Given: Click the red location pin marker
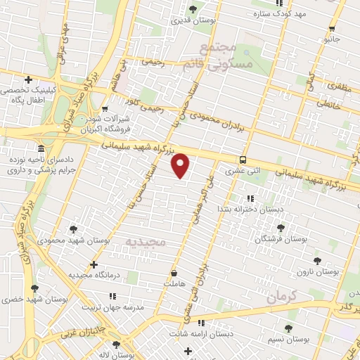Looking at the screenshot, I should click(181, 165).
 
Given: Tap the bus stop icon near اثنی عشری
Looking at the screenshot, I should click(242, 160).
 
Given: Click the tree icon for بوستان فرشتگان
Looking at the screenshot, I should click(281, 227).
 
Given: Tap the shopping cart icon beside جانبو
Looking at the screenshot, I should click(332, 29).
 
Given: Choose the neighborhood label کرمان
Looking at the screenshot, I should click(283, 297).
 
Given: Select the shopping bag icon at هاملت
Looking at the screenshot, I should click(174, 272).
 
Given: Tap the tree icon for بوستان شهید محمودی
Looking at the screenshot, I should click(73, 229).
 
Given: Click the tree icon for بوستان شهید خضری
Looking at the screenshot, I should click(34, 288).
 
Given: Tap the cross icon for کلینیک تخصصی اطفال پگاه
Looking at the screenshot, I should click(28, 79).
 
